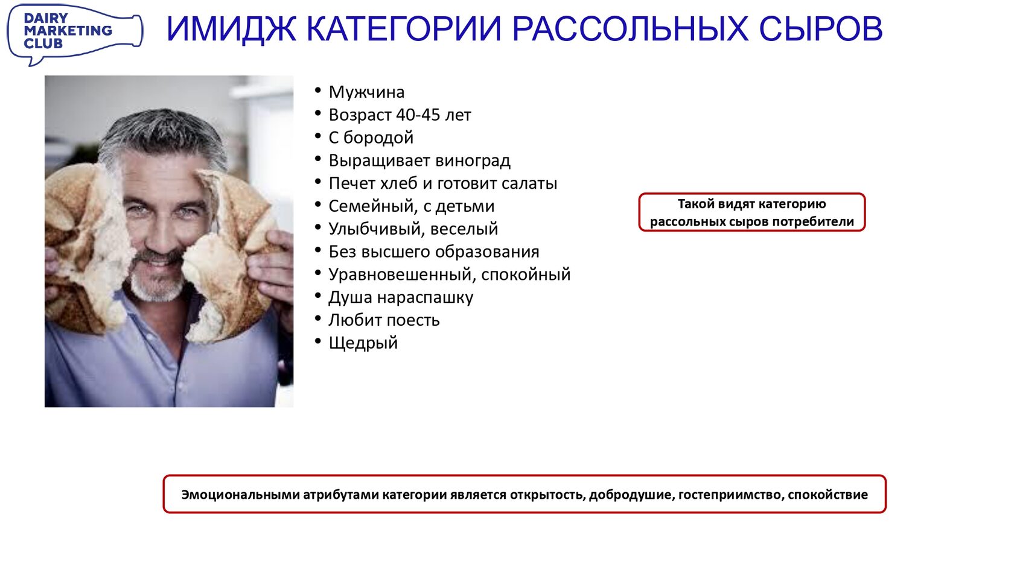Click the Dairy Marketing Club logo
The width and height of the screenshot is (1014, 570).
click(x=75, y=34)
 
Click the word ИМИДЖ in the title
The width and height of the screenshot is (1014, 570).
click(x=231, y=29)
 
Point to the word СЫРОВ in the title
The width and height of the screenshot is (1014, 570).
click(x=820, y=29)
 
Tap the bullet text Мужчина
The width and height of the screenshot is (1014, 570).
click(x=366, y=92)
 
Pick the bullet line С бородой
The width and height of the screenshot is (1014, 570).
click(x=371, y=138)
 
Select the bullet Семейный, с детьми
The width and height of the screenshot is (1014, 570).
click(x=412, y=206)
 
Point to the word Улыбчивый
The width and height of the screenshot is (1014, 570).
click(x=377, y=229)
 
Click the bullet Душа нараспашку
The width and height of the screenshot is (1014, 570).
click(x=401, y=297)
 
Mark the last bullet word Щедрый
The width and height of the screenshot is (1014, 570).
click(x=363, y=343)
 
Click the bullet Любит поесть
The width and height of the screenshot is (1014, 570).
click(x=384, y=320)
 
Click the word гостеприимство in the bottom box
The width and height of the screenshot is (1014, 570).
click(x=730, y=495)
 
